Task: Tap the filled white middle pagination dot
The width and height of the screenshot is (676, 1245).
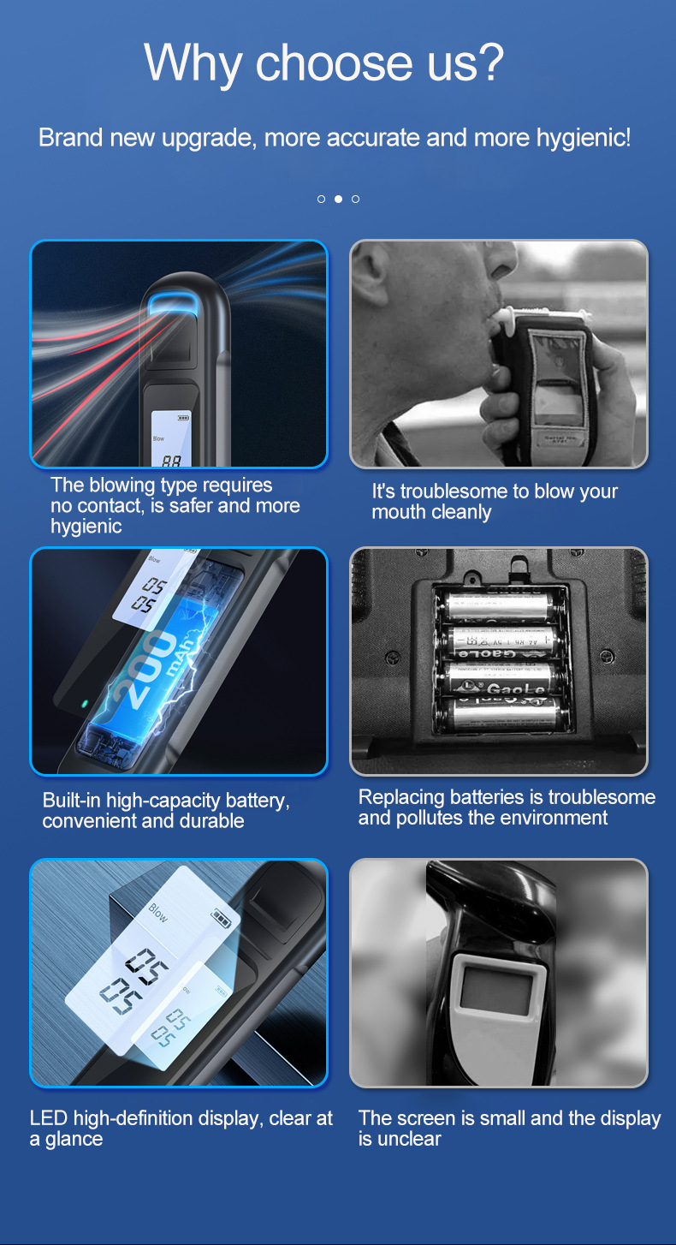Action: [338, 199]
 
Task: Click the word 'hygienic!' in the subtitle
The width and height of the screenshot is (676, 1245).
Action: [584, 138]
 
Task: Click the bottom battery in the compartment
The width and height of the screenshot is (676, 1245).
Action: [504, 712]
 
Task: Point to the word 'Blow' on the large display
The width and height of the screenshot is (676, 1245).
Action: [157, 913]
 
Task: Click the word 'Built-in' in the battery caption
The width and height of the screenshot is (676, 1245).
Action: [72, 801]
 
